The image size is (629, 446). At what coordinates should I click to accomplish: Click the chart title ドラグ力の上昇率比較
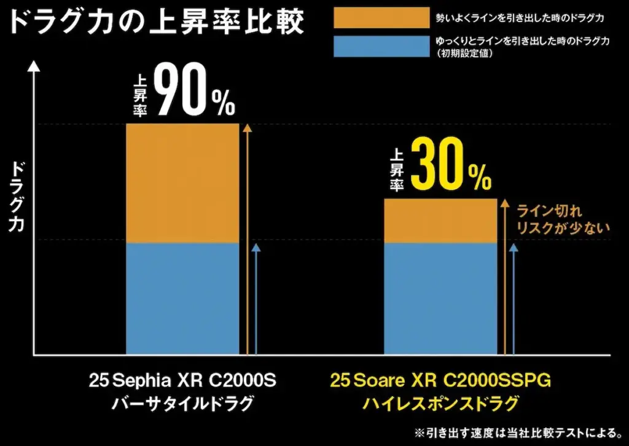coord(157,23)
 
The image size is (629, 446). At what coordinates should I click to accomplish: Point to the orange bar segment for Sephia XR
coord(182,183)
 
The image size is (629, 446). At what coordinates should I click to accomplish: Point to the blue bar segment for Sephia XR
coord(182,299)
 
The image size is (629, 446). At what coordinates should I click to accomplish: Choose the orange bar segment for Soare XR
coord(440,221)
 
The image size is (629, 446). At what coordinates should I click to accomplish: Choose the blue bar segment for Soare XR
coord(440,299)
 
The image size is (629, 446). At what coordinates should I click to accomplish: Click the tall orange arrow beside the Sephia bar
coord(247,240)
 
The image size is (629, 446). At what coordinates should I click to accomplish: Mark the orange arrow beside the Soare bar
coord(505,276)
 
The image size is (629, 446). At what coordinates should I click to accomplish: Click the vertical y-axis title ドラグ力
coord(18,197)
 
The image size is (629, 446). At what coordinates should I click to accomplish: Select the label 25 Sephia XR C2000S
coord(182,381)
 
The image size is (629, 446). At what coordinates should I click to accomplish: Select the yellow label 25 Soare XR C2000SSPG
coord(440,381)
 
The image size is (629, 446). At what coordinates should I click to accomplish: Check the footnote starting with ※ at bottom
coord(519,432)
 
